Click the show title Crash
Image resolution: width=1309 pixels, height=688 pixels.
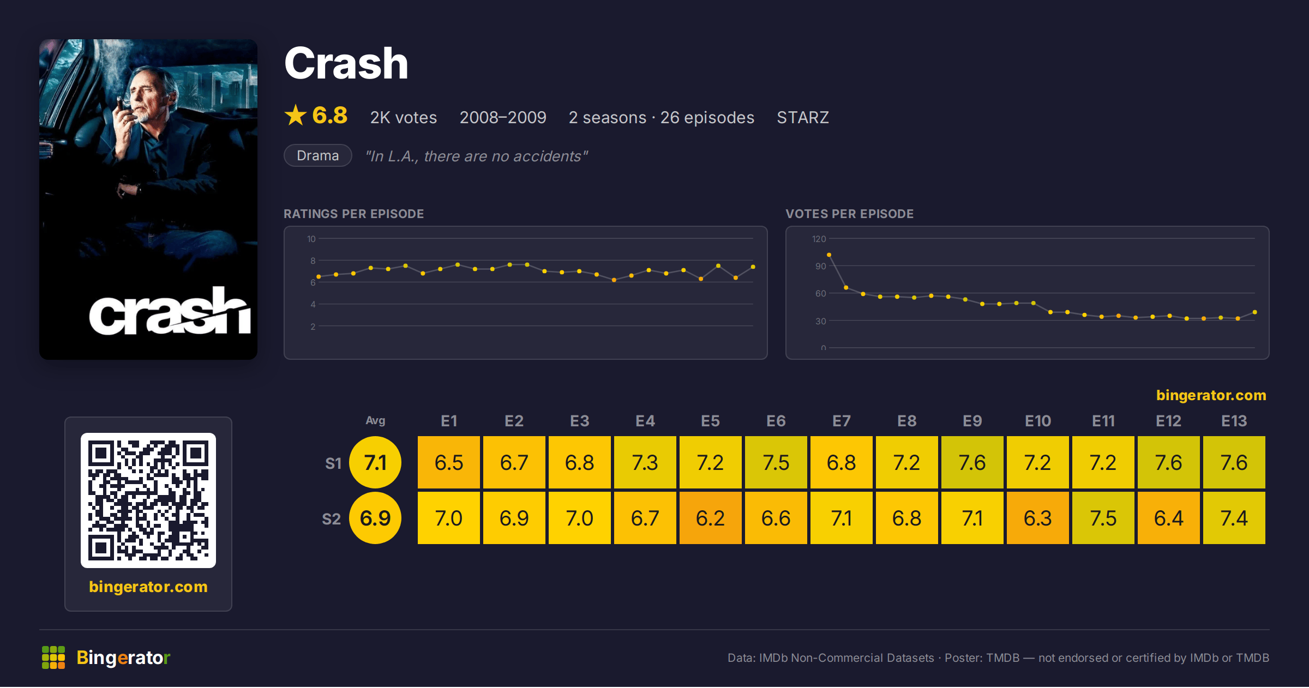tap(346, 64)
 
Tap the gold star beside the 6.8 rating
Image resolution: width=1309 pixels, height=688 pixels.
tap(296, 115)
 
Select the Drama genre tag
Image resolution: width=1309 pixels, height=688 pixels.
tap(318, 155)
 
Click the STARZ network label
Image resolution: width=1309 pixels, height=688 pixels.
tap(803, 117)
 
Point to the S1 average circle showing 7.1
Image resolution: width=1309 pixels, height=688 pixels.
tap(375, 462)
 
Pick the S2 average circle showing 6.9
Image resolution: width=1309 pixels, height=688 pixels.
tap(375, 518)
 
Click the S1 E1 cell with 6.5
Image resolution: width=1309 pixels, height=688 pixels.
tap(449, 462)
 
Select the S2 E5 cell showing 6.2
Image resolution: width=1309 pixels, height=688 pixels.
tap(711, 518)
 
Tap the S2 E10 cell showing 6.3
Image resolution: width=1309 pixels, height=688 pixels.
tap(1038, 518)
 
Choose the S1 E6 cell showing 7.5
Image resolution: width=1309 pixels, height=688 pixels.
tap(776, 462)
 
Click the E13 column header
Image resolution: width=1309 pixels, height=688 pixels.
tap(1234, 421)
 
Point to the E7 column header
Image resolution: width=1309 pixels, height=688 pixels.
tap(842, 421)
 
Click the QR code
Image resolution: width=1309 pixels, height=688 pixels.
tap(148, 500)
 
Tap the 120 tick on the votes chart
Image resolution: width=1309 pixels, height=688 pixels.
tap(819, 239)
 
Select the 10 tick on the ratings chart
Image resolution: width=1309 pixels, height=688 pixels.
tap(311, 239)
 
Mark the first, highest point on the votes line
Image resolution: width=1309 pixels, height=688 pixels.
tap(829, 255)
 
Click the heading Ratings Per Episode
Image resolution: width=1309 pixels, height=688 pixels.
tap(354, 214)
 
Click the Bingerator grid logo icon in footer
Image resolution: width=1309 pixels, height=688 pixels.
tap(53, 657)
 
